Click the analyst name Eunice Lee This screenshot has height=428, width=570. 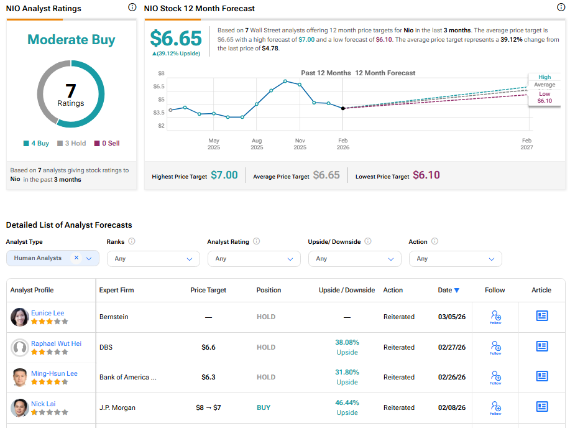pos(47,313)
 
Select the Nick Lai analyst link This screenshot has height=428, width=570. pos(43,404)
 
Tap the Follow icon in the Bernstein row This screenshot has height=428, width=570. pos(495,316)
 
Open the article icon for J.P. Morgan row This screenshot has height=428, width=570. pos(542,407)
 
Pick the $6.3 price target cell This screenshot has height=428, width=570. pos(208,377)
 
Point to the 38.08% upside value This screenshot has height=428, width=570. pos(347,342)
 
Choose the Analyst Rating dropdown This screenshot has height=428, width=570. pos(254,259)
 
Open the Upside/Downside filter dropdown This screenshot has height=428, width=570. pos(354,259)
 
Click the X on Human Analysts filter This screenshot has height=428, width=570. pos(76,258)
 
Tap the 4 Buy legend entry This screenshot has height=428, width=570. pos(36,143)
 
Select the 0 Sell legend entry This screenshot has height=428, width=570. pos(107,143)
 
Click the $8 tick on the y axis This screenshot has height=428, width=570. pos(161,73)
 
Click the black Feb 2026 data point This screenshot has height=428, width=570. pos(343,108)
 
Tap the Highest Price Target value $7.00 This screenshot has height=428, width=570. pos(224,175)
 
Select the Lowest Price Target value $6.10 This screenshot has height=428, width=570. pos(426,175)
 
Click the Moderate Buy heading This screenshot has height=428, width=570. pos(71,40)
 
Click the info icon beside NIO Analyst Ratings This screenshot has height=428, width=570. pos(132,7)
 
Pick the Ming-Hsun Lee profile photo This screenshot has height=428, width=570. pos(20,377)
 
